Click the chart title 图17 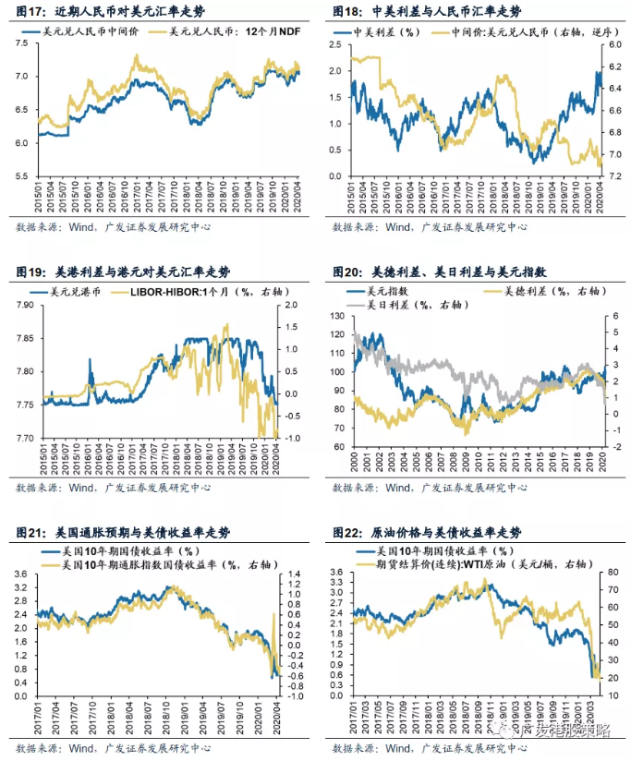(x=112, y=12)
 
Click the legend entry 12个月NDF (x=230, y=32)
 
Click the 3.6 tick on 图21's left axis (x=23, y=574)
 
